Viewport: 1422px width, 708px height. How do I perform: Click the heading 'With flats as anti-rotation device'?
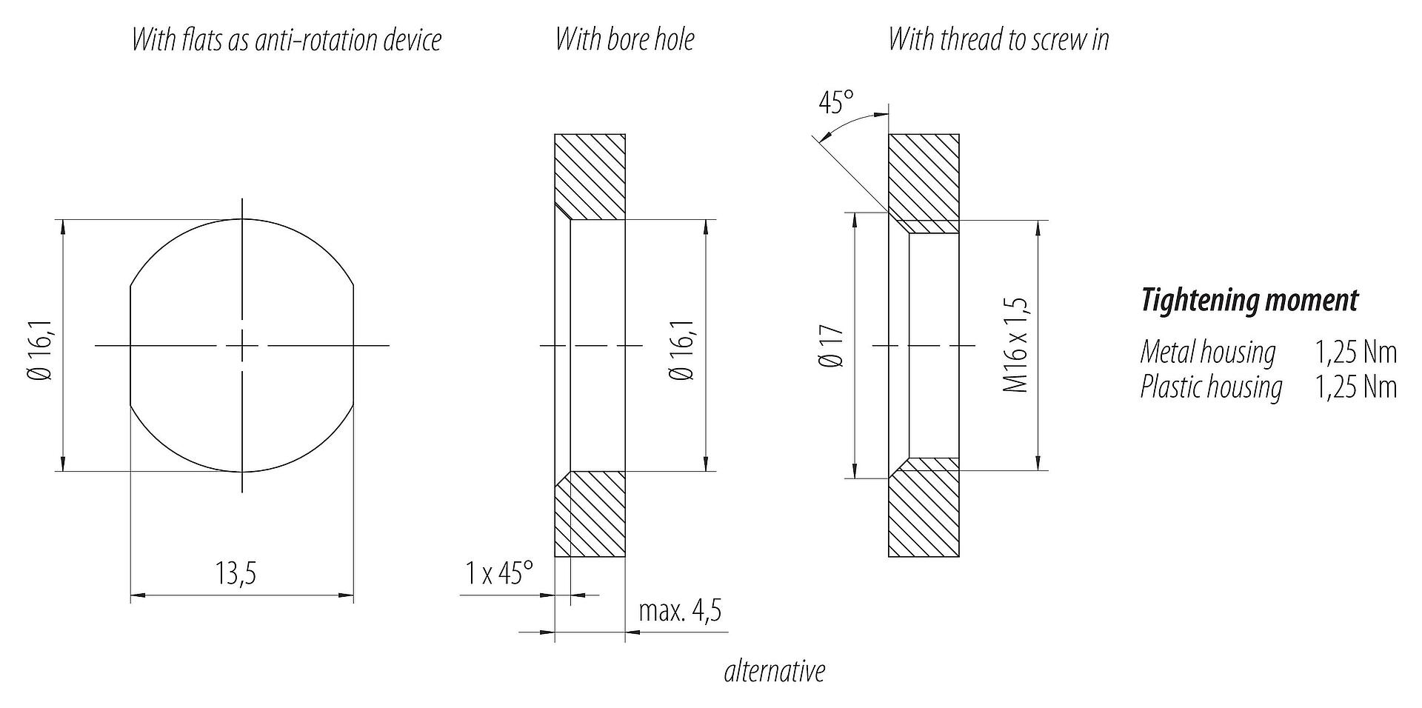point(287,39)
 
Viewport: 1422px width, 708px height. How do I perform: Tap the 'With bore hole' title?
point(625,39)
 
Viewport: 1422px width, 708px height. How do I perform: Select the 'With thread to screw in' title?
point(999,39)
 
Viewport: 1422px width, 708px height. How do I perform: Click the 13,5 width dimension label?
point(236,573)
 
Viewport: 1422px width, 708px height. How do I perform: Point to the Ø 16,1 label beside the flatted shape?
point(41,346)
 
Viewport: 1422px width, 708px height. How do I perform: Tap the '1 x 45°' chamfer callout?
point(499,573)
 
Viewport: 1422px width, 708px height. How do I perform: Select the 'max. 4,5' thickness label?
point(680,611)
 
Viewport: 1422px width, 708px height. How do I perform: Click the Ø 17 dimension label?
point(832,346)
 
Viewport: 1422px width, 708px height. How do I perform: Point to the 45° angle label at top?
point(836,103)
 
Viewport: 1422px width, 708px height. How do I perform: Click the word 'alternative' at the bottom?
point(775,671)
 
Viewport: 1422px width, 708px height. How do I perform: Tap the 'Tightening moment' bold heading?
point(1249,300)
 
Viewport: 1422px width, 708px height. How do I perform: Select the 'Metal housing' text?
point(1208,352)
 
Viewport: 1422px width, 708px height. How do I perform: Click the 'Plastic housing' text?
point(1212,387)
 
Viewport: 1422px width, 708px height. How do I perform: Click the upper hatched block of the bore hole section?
point(590,176)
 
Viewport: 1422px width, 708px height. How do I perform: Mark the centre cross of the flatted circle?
point(242,345)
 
